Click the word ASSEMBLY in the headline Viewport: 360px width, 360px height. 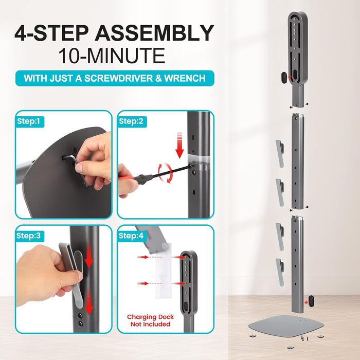pos(154,33)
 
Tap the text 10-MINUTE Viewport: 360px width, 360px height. pos(112,56)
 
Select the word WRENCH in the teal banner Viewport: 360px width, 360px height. pos(185,78)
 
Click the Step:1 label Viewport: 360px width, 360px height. pos(28,121)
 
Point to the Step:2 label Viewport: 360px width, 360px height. pos(131,121)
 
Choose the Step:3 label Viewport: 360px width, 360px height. pos(28,236)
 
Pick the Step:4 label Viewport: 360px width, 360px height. pos(131,236)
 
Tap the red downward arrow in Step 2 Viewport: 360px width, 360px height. pos(179,145)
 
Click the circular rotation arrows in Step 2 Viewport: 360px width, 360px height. pos(165,173)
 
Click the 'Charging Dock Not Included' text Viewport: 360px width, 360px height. pos(150,320)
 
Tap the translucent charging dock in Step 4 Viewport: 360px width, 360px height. pos(163,271)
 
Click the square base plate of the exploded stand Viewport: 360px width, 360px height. pos(286,326)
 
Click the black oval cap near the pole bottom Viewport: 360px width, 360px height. pos(311,301)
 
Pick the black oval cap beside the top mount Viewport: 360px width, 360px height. pos(284,77)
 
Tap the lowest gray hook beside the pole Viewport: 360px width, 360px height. pos(280,272)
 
